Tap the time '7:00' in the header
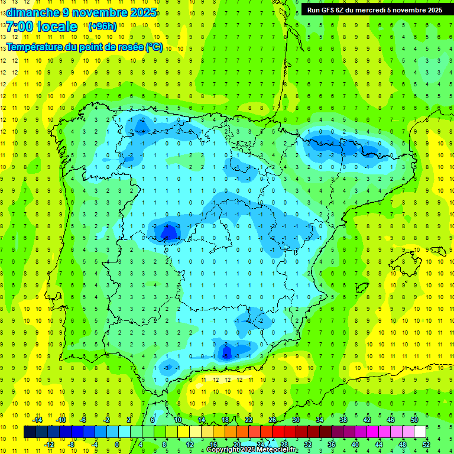click(x=19, y=27)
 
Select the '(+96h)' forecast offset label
click(x=102, y=27)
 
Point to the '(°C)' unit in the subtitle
click(x=154, y=47)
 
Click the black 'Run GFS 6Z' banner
click(x=374, y=9)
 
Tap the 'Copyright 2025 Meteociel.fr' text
click(x=252, y=450)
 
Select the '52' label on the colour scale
click(x=426, y=444)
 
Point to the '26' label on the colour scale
click(x=273, y=420)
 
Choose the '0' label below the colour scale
click(x=117, y=444)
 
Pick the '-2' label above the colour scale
click(x=106, y=420)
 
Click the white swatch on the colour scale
click(x=420, y=432)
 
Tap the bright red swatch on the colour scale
click(x=278, y=432)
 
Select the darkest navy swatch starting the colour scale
click(x=30, y=432)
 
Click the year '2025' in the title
click(x=142, y=12)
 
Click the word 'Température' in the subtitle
click(x=35, y=47)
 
